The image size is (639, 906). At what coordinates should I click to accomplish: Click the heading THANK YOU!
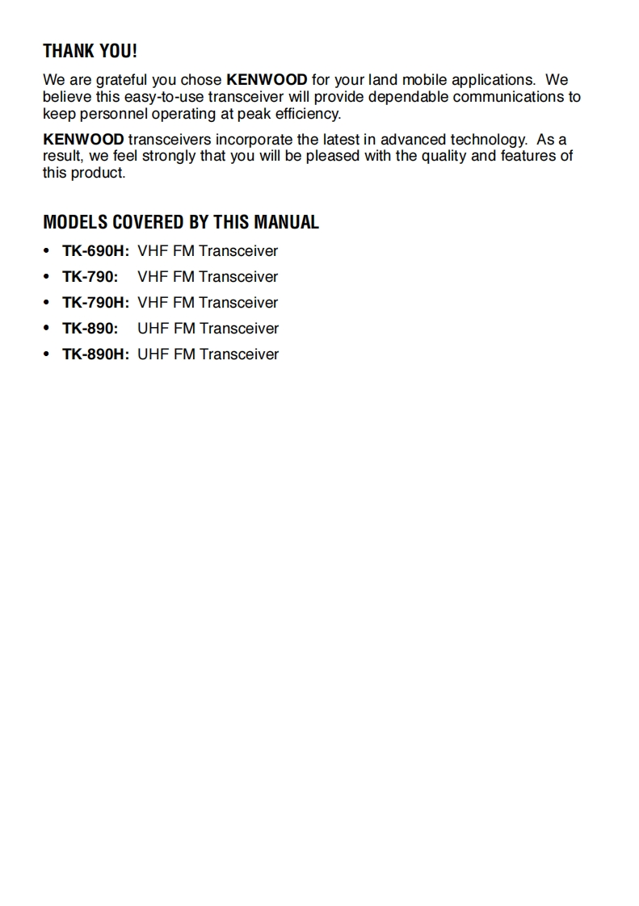click(90, 51)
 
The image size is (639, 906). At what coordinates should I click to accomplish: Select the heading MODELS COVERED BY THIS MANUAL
click(180, 222)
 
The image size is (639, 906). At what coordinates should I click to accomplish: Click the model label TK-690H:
click(95, 251)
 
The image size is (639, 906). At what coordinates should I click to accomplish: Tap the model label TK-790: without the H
click(90, 277)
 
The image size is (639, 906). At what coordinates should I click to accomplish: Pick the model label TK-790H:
click(95, 303)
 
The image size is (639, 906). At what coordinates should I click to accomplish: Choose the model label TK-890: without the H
click(90, 329)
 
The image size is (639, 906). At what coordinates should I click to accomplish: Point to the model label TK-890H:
click(95, 354)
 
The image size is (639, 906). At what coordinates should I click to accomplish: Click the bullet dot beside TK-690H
click(48, 251)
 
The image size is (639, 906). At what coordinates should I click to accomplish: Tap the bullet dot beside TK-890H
click(48, 354)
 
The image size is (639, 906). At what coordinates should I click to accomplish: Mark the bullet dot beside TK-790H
click(48, 303)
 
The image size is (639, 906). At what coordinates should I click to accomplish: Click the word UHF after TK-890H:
click(152, 354)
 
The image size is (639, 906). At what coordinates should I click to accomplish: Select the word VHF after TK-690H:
click(152, 251)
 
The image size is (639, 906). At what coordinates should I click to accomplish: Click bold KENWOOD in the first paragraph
click(267, 80)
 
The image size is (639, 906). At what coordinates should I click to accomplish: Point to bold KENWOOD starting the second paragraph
click(83, 140)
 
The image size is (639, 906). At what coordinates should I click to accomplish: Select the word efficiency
click(308, 114)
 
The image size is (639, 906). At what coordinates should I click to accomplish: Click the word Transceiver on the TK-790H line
click(238, 303)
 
